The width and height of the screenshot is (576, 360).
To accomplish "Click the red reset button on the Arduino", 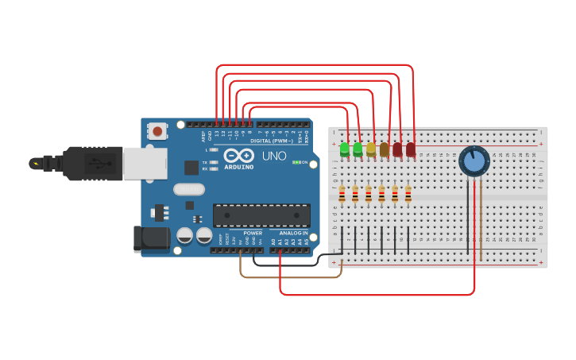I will [x=157, y=130].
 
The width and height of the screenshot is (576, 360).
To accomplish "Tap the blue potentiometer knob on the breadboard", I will [x=474, y=161].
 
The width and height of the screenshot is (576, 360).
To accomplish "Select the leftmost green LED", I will [x=345, y=149].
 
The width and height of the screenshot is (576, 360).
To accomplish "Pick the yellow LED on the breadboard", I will [x=371, y=149].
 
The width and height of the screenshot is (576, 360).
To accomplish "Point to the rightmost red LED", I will [x=411, y=149].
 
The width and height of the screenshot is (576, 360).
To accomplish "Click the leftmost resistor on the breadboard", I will [x=342, y=194].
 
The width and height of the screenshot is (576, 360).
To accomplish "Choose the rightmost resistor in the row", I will [x=408, y=194].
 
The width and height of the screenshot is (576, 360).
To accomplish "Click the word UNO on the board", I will [x=274, y=156].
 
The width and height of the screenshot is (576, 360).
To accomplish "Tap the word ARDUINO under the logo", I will [x=238, y=167].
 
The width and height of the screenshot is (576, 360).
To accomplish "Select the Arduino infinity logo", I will [x=238, y=155].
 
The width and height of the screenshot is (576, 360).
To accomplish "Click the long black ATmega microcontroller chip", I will [x=261, y=215].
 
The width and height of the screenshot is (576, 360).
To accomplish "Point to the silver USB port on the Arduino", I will [x=145, y=163].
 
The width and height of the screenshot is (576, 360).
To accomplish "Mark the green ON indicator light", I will [x=296, y=162].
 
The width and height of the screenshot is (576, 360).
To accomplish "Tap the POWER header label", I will [x=253, y=233].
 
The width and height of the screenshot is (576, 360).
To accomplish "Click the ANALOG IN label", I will [x=293, y=233].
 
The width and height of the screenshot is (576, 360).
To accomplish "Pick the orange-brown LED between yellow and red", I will [x=385, y=149].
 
